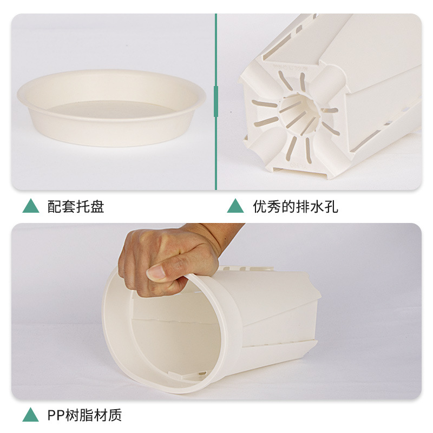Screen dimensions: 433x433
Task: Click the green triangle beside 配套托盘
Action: [x=31, y=206]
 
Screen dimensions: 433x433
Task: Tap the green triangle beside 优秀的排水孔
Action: [x=235, y=206]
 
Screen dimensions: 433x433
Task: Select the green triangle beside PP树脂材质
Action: [x=30, y=415]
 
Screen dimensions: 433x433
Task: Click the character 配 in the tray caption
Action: [x=55, y=206]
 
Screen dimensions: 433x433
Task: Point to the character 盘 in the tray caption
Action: [x=97, y=206]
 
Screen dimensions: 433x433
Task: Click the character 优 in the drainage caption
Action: [x=260, y=206]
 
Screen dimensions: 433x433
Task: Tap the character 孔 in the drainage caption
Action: [x=331, y=206]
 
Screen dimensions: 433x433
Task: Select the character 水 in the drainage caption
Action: [x=317, y=206]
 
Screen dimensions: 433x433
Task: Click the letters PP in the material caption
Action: [x=56, y=415]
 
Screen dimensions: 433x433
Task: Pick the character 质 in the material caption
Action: [x=115, y=415]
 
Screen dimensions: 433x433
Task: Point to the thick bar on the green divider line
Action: [x=216, y=101]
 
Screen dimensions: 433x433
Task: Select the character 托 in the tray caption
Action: [x=83, y=206]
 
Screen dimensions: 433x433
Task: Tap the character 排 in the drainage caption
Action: [x=303, y=206]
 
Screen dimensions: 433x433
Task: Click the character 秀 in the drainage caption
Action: [x=274, y=206]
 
